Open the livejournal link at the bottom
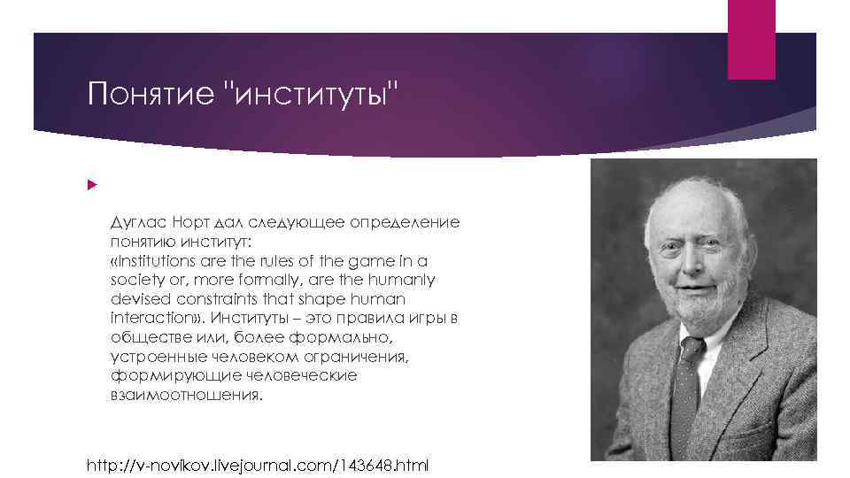pos(257,465)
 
